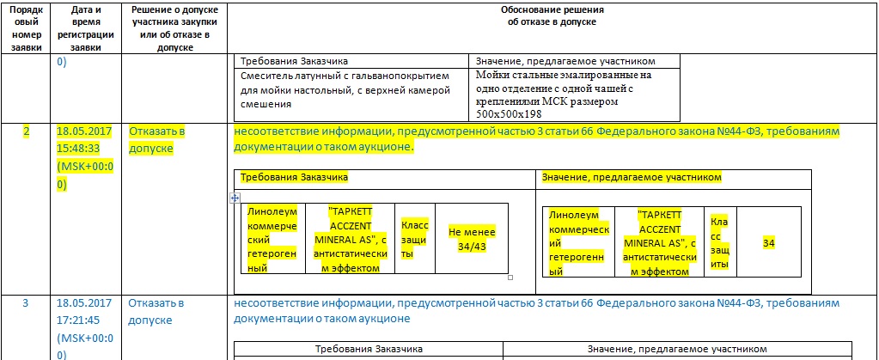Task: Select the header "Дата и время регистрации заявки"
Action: tap(85, 27)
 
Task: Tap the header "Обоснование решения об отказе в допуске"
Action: tap(552, 15)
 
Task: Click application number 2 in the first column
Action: tap(26, 131)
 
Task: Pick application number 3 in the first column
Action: tap(26, 303)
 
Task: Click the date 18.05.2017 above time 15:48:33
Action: tap(84, 131)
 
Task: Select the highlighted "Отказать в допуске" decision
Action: tap(157, 140)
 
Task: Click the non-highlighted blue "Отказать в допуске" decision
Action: tap(156, 311)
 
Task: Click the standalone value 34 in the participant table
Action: tap(769, 244)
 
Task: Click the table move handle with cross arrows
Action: tap(235, 197)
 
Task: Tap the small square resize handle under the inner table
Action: tap(510, 278)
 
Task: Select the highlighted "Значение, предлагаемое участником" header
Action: tap(632, 177)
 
